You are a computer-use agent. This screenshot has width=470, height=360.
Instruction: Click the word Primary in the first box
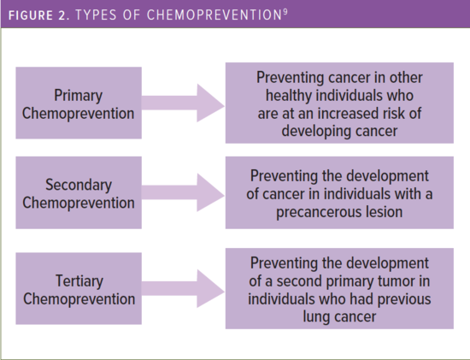[x=79, y=96]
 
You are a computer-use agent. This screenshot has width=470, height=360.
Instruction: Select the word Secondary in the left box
[x=79, y=185]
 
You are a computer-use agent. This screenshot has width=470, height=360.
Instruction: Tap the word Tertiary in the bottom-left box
[x=79, y=281]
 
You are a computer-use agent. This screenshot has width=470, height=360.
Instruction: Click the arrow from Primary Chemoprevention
[x=183, y=103]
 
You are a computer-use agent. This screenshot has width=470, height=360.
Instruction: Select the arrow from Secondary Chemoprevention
[x=183, y=192]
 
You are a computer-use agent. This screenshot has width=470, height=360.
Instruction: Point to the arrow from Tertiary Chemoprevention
[x=183, y=288]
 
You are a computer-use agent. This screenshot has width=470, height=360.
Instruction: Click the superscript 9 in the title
[x=285, y=12]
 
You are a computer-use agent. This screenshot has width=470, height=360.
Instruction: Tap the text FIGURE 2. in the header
[x=39, y=15]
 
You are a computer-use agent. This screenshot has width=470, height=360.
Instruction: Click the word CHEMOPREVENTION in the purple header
[x=214, y=15]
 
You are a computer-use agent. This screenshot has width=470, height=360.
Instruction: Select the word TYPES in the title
[x=96, y=15]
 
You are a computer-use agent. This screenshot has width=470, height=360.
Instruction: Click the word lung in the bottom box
[x=315, y=317]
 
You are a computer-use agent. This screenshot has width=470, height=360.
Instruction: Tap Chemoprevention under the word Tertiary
[x=79, y=299]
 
